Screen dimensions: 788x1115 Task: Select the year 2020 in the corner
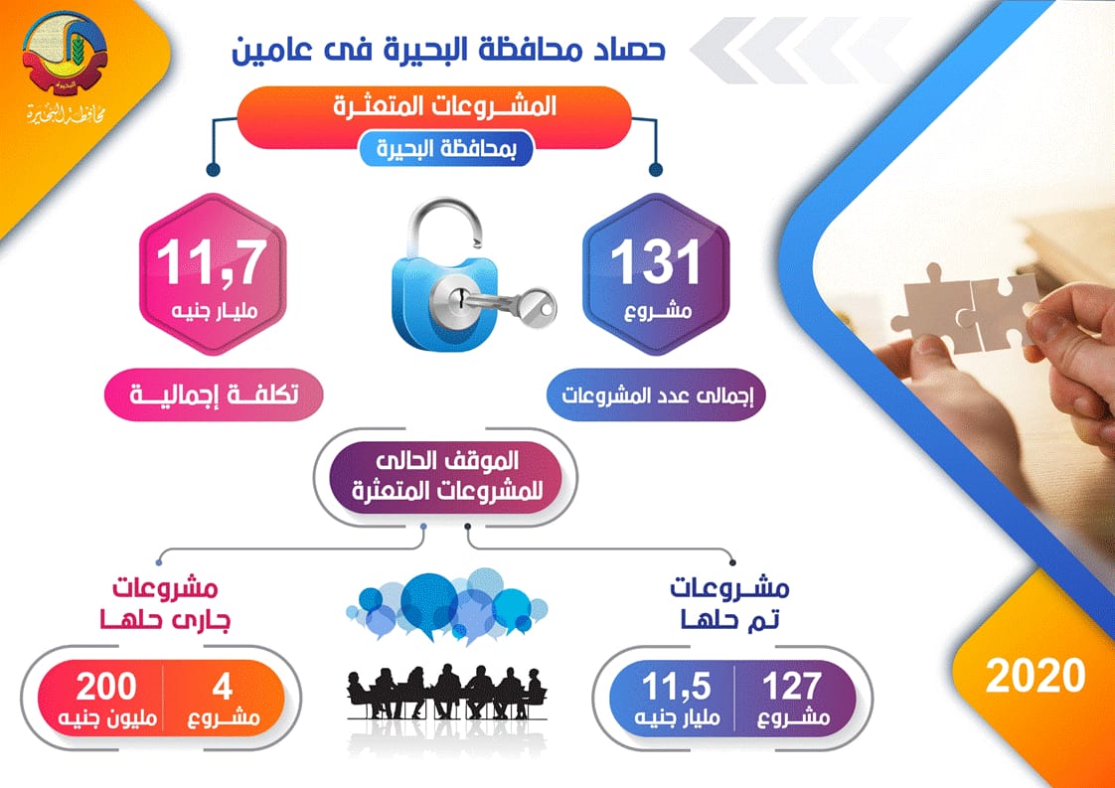(1035, 676)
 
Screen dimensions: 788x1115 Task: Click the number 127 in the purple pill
(792, 686)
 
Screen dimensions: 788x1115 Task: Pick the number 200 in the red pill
(99, 686)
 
